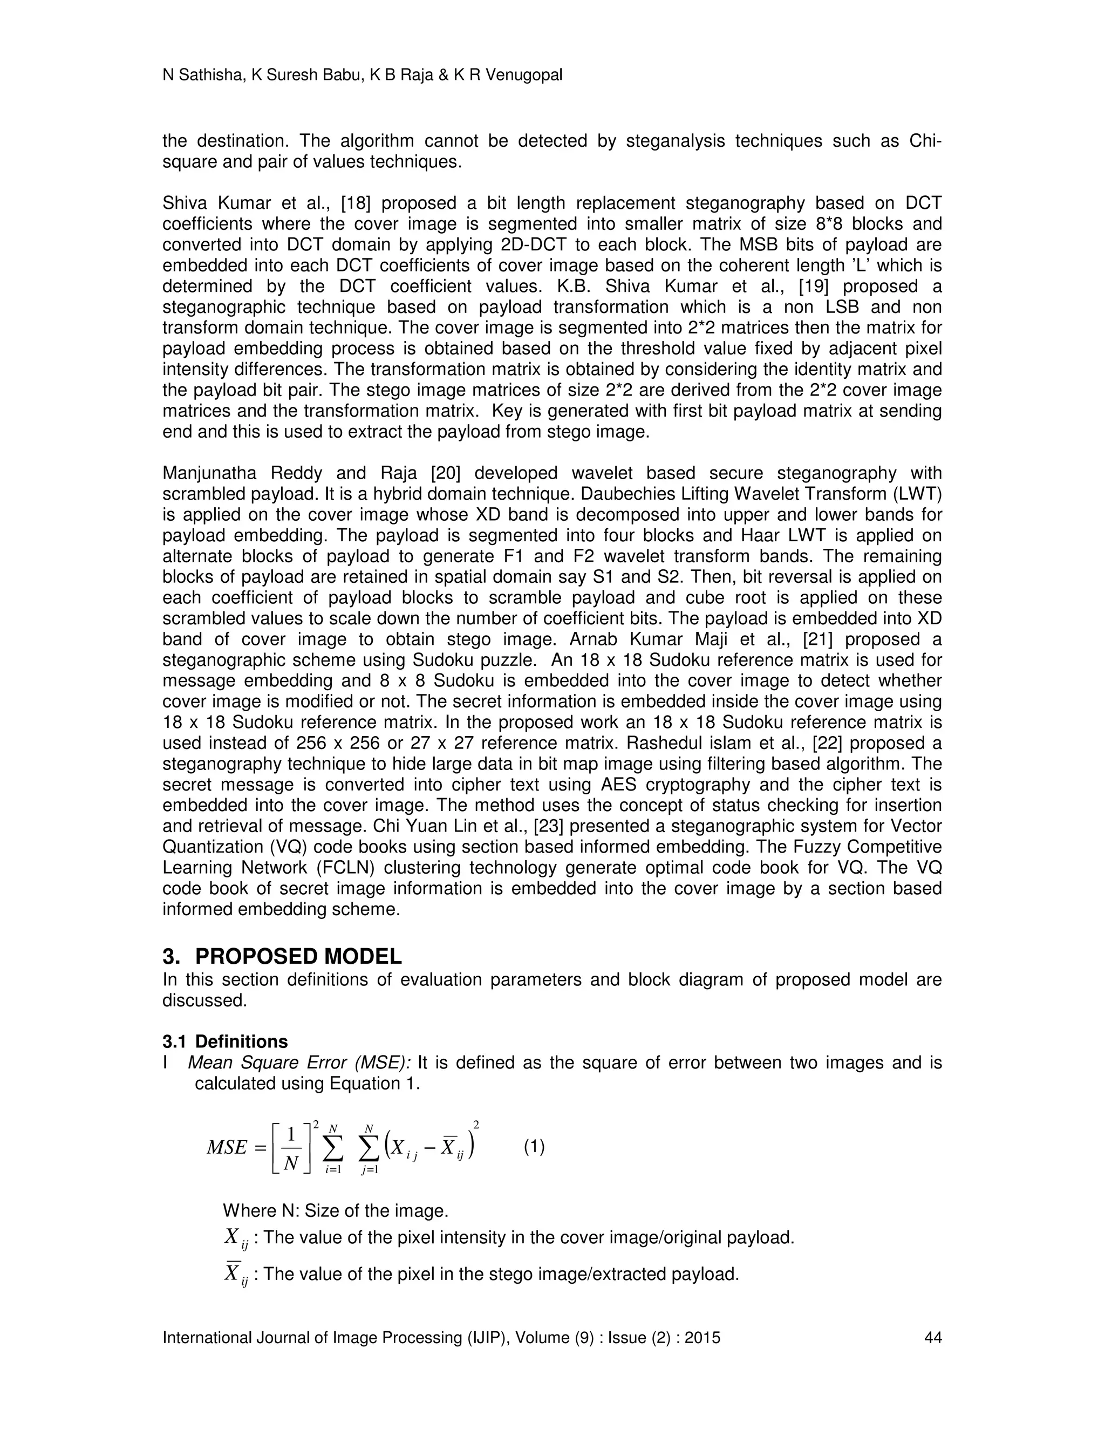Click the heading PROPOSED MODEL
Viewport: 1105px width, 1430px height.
298,957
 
